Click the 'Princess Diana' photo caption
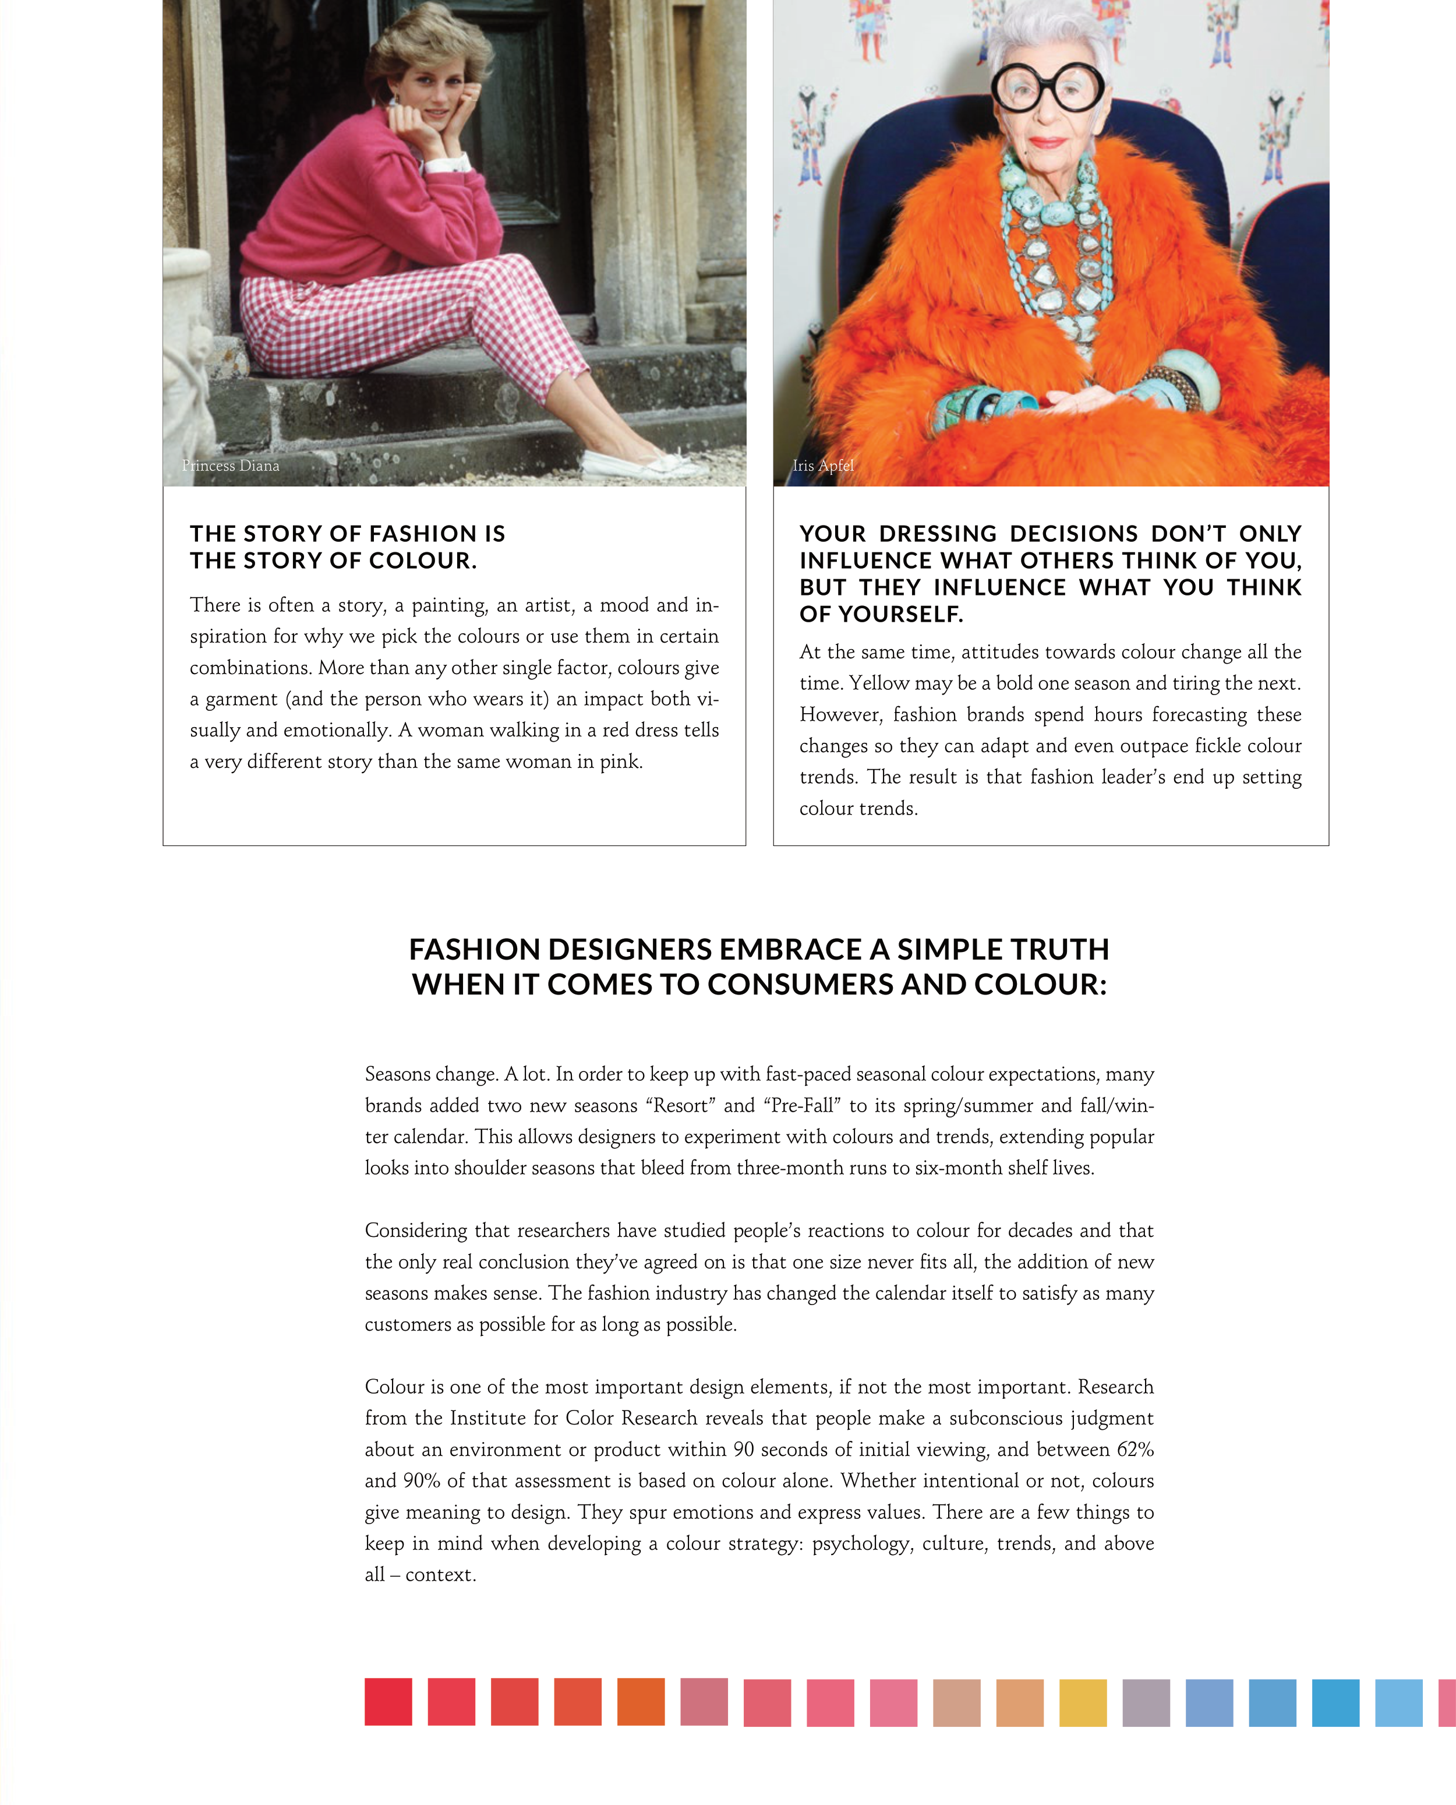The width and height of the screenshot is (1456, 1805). pos(231,466)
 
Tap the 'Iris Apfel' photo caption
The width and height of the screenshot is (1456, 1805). pos(823,466)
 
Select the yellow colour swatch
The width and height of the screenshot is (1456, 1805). pos(1083,1702)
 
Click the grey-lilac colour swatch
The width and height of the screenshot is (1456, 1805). pos(1146,1702)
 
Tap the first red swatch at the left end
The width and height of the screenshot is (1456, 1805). pos(388,1702)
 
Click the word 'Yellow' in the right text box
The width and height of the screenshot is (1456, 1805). pos(877,683)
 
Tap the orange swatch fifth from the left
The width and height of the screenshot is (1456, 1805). pos(641,1702)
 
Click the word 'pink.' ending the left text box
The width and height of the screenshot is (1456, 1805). pos(621,762)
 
